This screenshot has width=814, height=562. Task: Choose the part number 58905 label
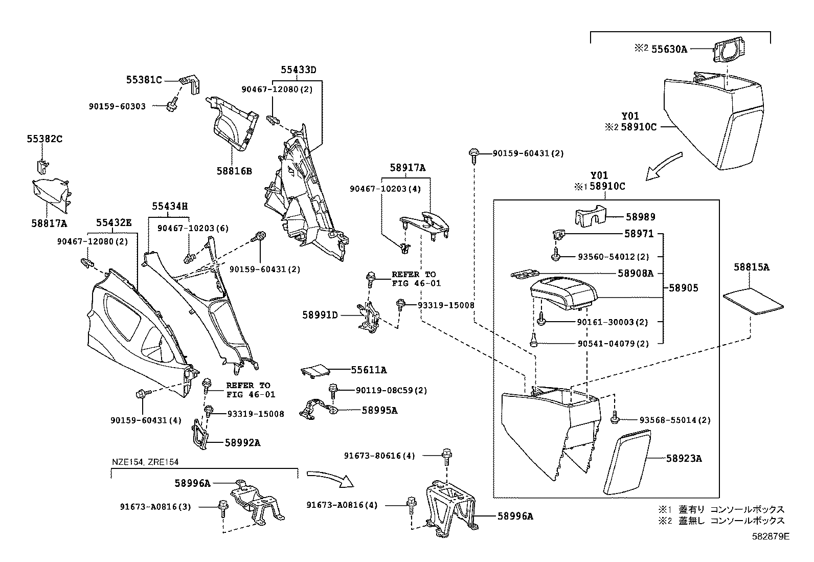[684, 288]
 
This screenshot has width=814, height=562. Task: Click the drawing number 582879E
[771, 536]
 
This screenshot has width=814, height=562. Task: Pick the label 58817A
[49, 223]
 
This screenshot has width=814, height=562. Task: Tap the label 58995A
[379, 410]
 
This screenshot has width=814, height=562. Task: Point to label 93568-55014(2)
[675, 420]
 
